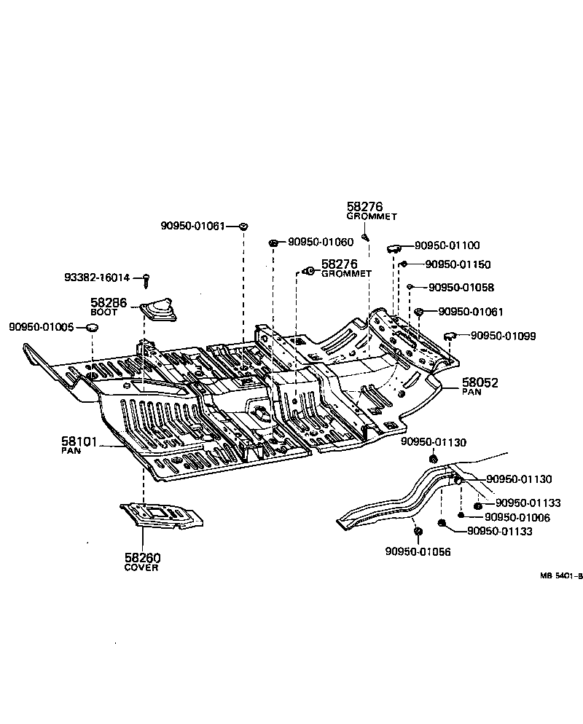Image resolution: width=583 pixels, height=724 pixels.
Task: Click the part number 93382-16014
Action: click(x=97, y=278)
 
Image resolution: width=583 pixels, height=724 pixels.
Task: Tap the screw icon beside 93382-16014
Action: click(x=146, y=278)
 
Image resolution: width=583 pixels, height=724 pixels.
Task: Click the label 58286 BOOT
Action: click(x=109, y=304)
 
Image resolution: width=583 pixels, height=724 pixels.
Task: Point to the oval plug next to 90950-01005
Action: click(x=92, y=329)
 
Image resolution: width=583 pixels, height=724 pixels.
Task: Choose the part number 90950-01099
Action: click(x=503, y=336)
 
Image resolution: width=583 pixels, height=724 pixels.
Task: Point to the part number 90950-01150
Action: click(x=458, y=264)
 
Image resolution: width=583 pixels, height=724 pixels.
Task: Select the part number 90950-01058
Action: click(x=461, y=288)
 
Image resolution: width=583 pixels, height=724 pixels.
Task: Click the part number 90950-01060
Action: click(x=320, y=242)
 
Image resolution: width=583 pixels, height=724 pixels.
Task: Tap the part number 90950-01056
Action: click(x=418, y=552)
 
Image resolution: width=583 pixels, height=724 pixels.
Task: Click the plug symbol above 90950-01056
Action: click(x=418, y=532)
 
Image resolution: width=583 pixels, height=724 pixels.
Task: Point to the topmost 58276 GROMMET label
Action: click(x=371, y=210)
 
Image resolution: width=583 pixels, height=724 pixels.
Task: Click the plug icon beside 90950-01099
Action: click(x=450, y=336)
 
